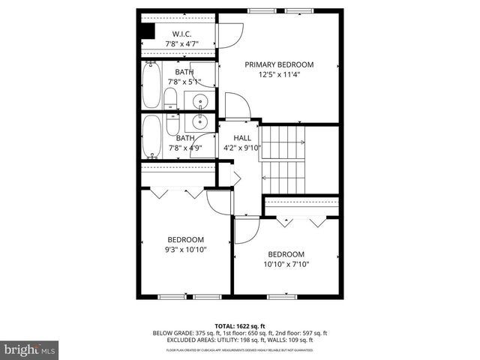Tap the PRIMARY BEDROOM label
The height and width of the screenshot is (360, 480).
pyautogui.click(x=279, y=64)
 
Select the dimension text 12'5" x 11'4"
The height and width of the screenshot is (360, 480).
pyautogui.click(x=279, y=74)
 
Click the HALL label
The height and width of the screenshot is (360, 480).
pyautogui.click(x=242, y=138)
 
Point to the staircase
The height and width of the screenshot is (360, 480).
pyautogui.click(x=284, y=159)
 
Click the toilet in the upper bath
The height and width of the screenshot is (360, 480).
pyautogui.click(x=171, y=99)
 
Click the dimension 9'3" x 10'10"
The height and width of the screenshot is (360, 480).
pyautogui.click(x=185, y=250)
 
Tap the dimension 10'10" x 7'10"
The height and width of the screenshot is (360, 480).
pyautogui.click(x=286, y=264)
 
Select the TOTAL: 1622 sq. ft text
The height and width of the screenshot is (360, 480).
pyautogui.click(x=240, y=326)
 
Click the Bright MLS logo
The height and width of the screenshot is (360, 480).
pyautogui.click(x=30, y=349)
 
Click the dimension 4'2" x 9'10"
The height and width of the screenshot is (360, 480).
pyautogui.click(x=241, y=148)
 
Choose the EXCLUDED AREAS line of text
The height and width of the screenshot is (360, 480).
pyautogui.click(x=240, y=340)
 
